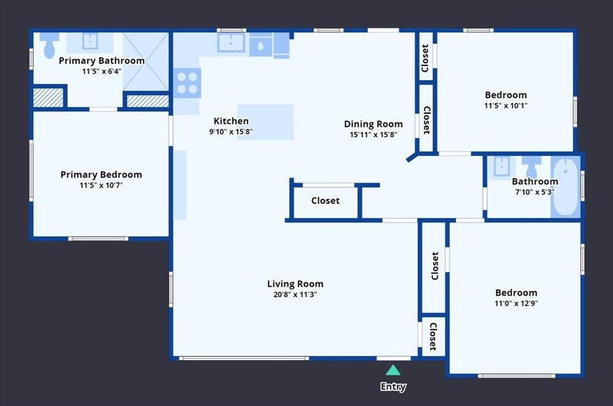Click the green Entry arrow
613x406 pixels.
393,370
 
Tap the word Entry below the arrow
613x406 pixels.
394,387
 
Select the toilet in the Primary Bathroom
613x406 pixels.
49,45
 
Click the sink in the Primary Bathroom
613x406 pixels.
90,41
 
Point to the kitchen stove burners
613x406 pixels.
187,83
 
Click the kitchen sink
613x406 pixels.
231,42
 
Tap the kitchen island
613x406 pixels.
265,122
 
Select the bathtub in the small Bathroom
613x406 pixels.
565,187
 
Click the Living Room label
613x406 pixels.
295,284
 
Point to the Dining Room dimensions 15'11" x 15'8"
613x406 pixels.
374,134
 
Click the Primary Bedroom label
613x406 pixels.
101,174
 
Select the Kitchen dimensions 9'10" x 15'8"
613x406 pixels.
231,131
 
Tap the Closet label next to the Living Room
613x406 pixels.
325,201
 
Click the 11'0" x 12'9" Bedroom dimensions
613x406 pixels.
516,303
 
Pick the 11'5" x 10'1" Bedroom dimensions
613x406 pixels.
506,106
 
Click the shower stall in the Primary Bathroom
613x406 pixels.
146,62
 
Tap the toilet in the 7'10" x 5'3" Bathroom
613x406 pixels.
531,166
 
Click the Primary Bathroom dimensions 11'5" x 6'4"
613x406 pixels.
102,71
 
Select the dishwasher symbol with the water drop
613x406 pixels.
261,45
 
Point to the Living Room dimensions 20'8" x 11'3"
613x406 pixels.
295,295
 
